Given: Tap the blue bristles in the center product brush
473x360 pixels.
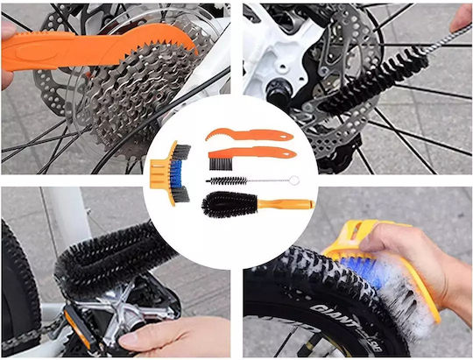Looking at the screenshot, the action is point(176,173).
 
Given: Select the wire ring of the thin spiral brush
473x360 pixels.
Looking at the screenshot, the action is point(295,180).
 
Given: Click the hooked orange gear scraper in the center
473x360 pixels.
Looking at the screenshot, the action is point(249,135).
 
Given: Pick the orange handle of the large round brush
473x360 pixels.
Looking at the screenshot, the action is point(286,204).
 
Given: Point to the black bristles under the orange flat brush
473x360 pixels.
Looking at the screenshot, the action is point(221,164).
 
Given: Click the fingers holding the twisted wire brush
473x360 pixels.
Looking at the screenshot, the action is point(462,18).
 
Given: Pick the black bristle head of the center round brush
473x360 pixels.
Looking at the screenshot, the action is point(229,204).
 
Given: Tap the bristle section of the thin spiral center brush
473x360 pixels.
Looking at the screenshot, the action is point(227,180).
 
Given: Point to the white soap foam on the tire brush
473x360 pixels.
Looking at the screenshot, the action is point(404,297).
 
